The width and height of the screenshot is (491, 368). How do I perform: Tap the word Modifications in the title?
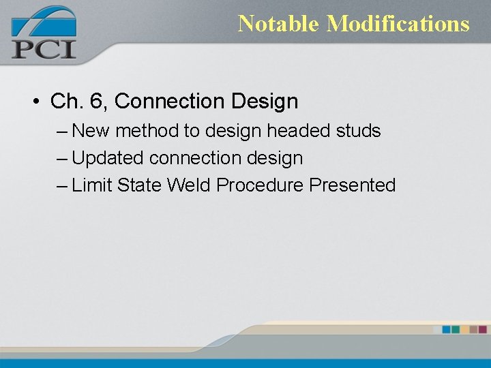point(398,24)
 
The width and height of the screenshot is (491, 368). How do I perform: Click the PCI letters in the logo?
point(43,49)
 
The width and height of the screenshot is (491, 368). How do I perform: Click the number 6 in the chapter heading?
point(95,102)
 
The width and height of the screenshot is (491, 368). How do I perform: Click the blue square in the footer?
point(447,329)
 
